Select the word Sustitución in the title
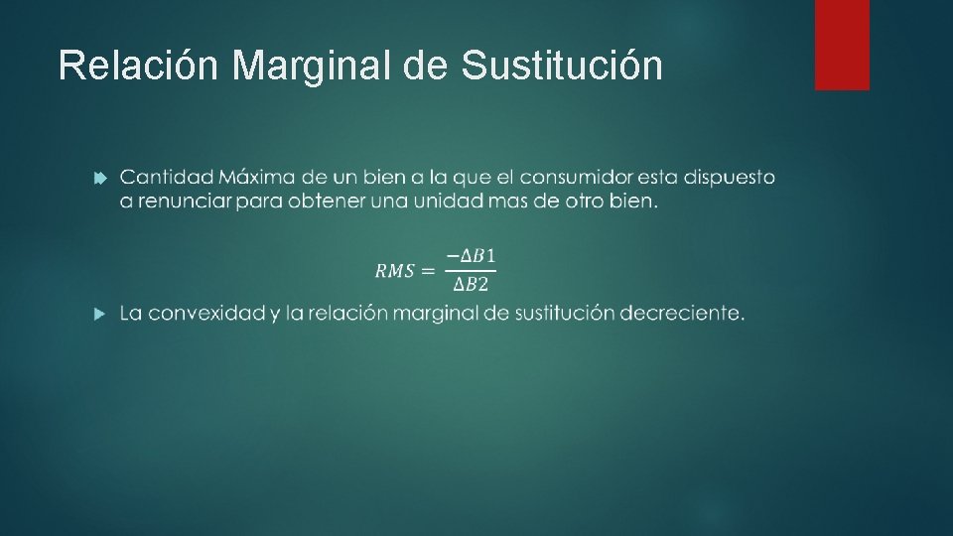click(x=562, y=66)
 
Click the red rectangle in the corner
click(x=842, y=45)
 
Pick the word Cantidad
click(x=165, y=178)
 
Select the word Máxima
click(x=256, y=178)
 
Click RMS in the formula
click(x=394, y=271)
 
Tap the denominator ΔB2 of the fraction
click(x=471, y=286)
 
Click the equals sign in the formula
click(x=428, y=271)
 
